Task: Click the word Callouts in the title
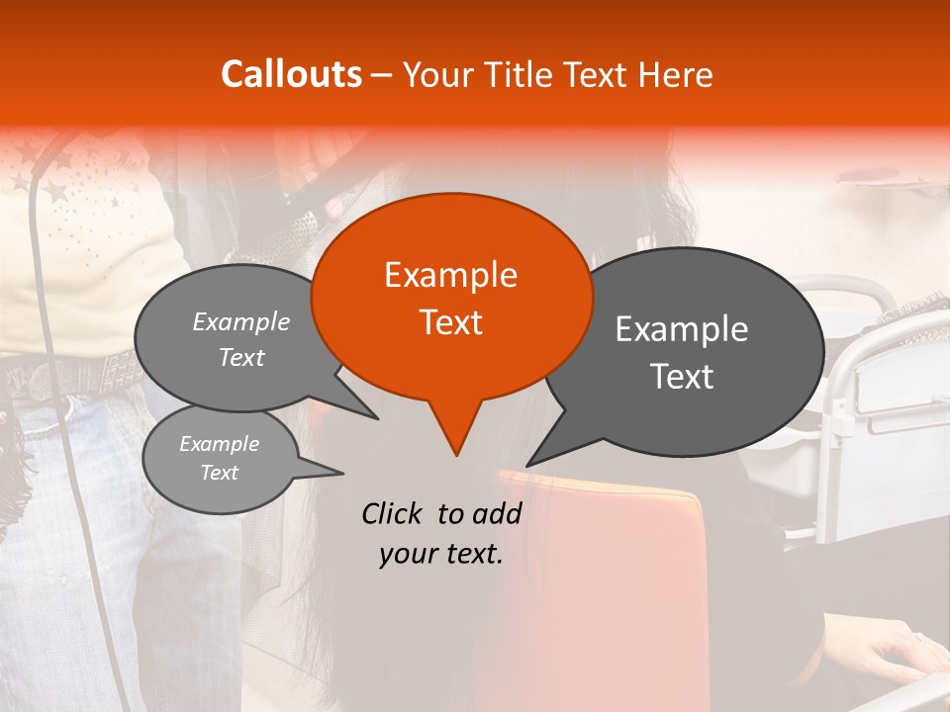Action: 291,74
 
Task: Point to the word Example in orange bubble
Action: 450,275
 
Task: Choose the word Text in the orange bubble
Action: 450,322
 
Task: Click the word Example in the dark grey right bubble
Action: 682,329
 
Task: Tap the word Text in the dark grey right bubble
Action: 682,377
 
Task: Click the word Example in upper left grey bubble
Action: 241,322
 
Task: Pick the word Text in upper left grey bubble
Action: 241,358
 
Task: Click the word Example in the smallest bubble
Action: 220,444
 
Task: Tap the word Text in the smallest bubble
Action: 220,473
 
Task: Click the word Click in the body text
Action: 395,513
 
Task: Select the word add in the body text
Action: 497,513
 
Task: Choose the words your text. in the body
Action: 441,554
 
